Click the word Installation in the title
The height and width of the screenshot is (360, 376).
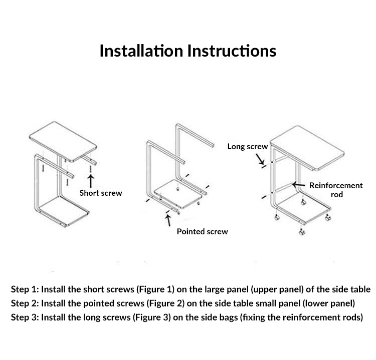pyautogui.click(x=141, y=51)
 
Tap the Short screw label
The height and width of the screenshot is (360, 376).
pyautogui.click(x=101, y=193)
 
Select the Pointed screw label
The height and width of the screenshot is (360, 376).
pyautogui.click(x=202, y=231)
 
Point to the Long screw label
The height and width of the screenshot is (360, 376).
pyautogui.click(x=248, y=147)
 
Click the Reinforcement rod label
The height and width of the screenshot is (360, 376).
pyautogui.click(x=336, y=189)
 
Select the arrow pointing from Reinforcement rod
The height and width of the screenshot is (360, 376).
pyautogui.click(x=299, y=185)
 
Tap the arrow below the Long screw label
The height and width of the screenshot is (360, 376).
pyautogui.click(x=260, y=159)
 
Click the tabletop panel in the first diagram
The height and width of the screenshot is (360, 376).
pyautogui.click(x=63, y=140)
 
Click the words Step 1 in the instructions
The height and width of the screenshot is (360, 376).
pyautogui.click(x=24, y=289)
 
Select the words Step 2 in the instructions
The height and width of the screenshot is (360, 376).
pyautogui.click(x=24, y=303)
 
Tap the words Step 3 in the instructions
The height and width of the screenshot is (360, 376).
pyautogui.click(x=24, y=317)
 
